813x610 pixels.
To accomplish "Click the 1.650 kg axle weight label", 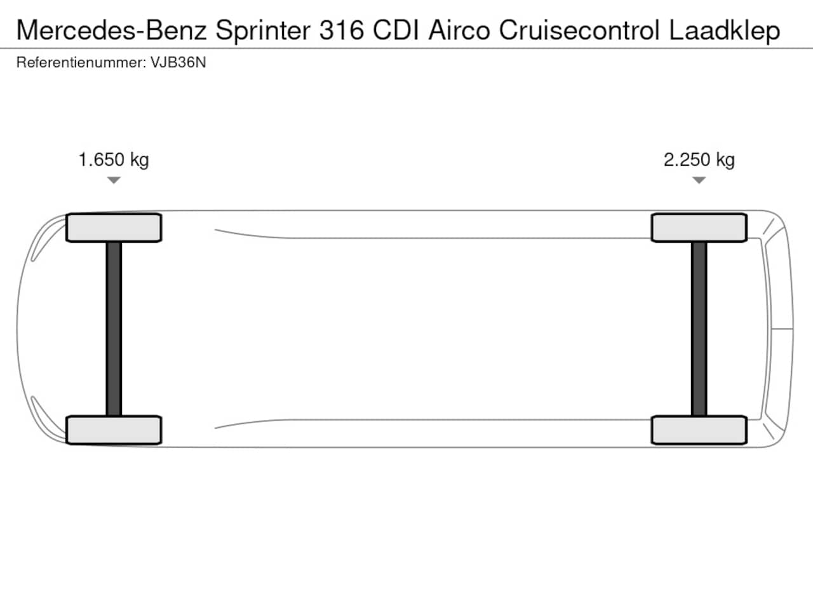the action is pos(114,160).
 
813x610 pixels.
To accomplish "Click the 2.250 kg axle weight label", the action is pos(699,160).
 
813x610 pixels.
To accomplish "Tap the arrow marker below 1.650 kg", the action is pos(114,180).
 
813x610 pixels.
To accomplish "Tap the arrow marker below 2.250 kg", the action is pos(699,180).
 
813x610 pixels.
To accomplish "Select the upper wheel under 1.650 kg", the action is pos(114,227).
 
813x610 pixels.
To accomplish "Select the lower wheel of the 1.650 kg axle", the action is pos(114,430).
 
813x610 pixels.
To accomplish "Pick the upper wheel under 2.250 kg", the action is pos(699,227).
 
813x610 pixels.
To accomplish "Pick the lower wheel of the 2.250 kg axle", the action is pos(699,430).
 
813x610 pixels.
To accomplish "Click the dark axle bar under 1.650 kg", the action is pos(114,329).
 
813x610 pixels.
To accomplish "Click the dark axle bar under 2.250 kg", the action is pos(699,329).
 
